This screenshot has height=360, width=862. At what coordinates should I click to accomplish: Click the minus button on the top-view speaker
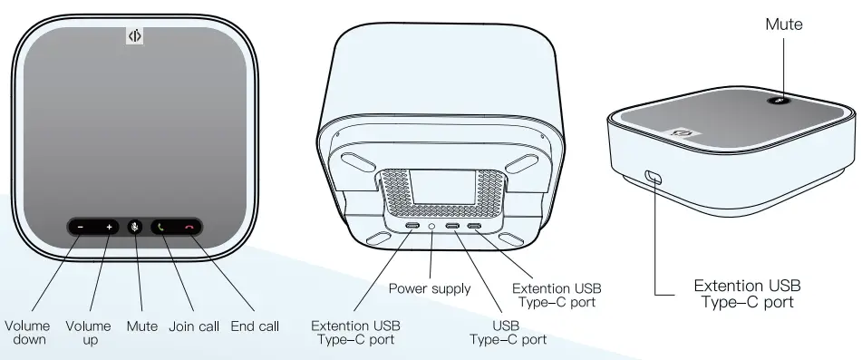pyautogui.click(x=81, y=226)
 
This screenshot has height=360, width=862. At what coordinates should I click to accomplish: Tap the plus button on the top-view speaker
pyautogui.click(x=109, y=226)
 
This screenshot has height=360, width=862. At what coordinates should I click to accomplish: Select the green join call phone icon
pyautogui.click(x=161, y=226)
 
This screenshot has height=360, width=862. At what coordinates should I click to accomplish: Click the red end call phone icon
pyautogui.click(x=189, y=226)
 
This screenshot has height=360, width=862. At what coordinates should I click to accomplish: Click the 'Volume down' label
pyautogui.click(x=27, y=333)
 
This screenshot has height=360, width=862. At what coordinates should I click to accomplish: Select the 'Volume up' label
pyautogui.click(x=89, y=333)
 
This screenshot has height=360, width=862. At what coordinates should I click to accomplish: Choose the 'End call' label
pyautogui.click(x=255, y=326)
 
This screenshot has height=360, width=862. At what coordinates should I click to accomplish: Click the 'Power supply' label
pyautogui.click(x=430, y=288)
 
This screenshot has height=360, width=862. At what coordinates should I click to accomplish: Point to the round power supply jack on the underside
pyautogui.click(x=431, y=224)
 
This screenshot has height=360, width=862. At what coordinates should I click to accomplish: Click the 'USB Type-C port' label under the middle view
pyautogui.click(x=508, y=332)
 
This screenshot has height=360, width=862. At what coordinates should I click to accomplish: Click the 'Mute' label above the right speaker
pyautogui.click(x=784, y=24)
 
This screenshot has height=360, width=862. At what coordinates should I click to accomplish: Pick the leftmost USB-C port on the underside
pyautogui.click(x=412, y=224)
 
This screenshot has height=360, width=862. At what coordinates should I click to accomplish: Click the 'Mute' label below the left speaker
pyautogui.click(x=142, y=326)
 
